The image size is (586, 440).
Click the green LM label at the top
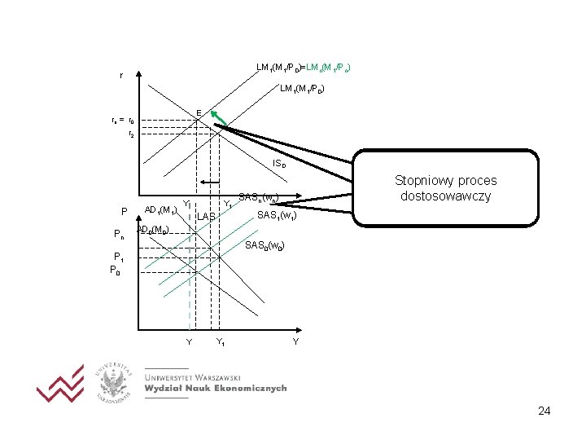[x=327, y=66]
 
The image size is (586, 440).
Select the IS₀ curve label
[x=278, y=164]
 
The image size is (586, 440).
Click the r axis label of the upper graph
[x=121, y=76]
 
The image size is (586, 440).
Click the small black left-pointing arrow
[x=212, y=181]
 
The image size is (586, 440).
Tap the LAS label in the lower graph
[x=207, y=217]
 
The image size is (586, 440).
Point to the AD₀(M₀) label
[x=153, y=230]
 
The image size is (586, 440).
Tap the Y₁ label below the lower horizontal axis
[x=220, y=342]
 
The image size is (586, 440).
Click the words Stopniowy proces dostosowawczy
[x=445, y=188]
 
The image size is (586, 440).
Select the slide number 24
[x=544, y=411]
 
